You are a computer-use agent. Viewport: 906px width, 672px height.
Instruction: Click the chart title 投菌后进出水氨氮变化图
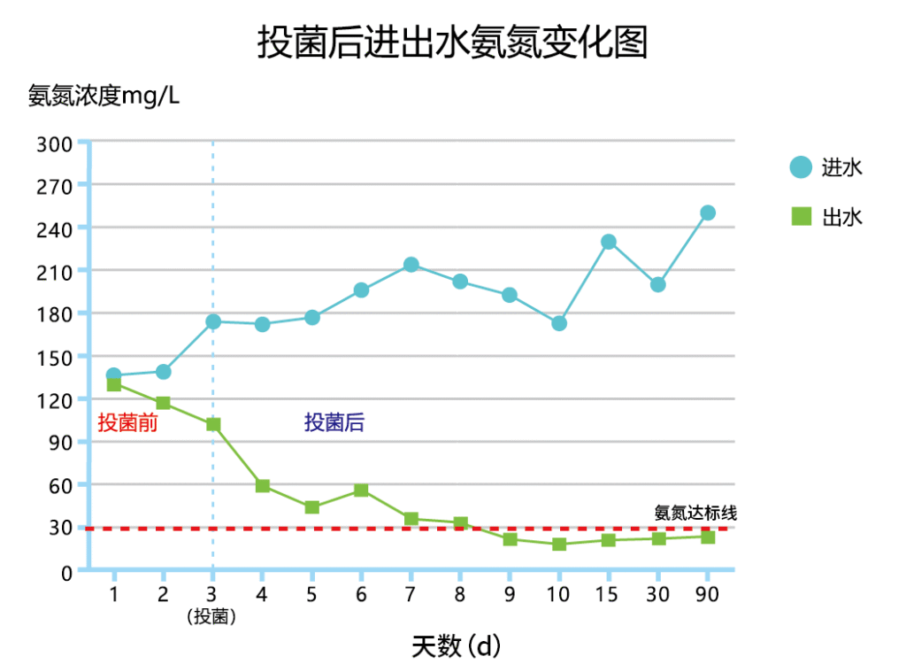coord(452,42)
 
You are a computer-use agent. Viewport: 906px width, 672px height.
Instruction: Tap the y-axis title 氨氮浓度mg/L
coord(104,96)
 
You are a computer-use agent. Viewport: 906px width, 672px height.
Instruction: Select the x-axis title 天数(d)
coord(456,646)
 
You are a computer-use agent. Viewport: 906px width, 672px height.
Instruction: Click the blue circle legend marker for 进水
coord(800,167)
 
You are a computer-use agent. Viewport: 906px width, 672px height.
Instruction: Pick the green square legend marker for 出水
coord(800,216)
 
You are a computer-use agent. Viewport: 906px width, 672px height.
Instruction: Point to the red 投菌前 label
coord(127,423)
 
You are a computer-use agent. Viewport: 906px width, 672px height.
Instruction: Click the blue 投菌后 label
coord(334,423)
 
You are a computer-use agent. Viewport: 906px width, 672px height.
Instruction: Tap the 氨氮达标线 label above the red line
coord(695,513)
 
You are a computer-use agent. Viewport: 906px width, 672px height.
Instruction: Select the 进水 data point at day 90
coord(708,212)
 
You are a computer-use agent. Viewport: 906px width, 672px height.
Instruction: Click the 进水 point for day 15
coord(608,242)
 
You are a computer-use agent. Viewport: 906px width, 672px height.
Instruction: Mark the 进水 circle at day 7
coord(411,265)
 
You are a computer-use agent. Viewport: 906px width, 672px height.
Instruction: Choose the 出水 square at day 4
coord(262,486)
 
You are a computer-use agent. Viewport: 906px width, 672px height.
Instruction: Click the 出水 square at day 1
coord(114,384)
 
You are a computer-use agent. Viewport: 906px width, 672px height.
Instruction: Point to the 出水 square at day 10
coord(559,544)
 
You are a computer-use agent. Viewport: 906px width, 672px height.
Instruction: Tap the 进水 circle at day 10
coord(559,323)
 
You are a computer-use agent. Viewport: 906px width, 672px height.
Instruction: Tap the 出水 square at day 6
coord(361,490)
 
